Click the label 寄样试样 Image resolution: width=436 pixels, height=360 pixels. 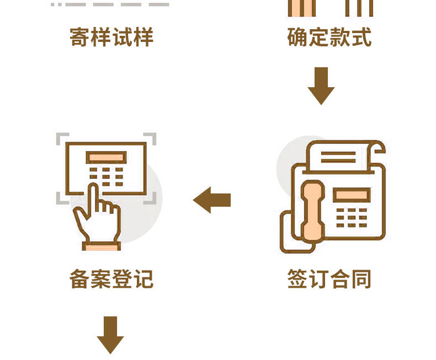(x=111, y=37)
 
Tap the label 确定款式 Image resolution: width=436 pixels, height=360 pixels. (x=329, y=37)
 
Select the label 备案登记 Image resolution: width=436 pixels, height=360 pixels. (x=111, y=278)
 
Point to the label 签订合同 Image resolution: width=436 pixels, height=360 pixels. (x=329, y=278)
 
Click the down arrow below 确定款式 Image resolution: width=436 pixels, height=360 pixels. (x=321, y=86)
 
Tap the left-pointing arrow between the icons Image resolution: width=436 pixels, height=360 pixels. (x=212, y=200)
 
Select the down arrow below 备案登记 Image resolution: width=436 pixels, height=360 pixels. (x=110, y=335)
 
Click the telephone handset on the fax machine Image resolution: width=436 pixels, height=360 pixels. (x=313, y=211)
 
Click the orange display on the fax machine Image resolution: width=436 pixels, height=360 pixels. (x=352, y=195)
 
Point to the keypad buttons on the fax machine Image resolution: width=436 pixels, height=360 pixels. (x=352, y=218)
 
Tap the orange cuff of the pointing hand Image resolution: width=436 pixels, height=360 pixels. (x=102, y=246)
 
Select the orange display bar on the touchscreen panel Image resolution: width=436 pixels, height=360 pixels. (x=106, y=158)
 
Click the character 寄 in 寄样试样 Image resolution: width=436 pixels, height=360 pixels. (x=80, y=37)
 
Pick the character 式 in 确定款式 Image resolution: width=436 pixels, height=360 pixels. (x=361, y=37)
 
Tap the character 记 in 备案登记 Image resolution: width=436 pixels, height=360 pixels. (x=143, y=278)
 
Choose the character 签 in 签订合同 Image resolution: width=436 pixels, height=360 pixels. (x=298, y=278)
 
